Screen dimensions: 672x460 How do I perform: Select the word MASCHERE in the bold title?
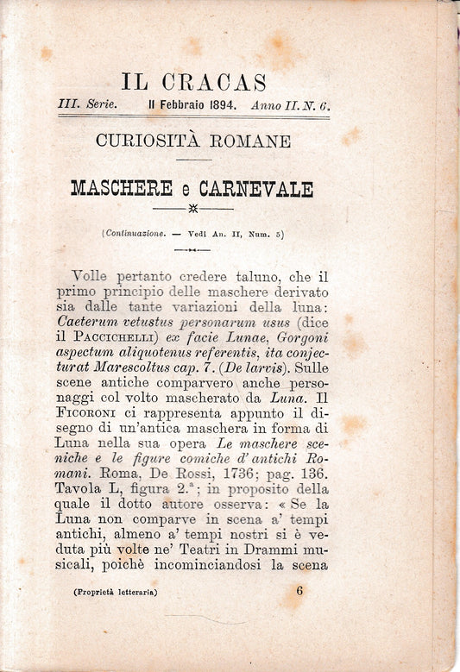click(123, 188)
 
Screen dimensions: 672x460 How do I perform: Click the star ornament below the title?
click(192, 208)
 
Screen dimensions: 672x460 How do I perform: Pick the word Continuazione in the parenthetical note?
click(135, 233)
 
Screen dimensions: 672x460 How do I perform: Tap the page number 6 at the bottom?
click(299, 592)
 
